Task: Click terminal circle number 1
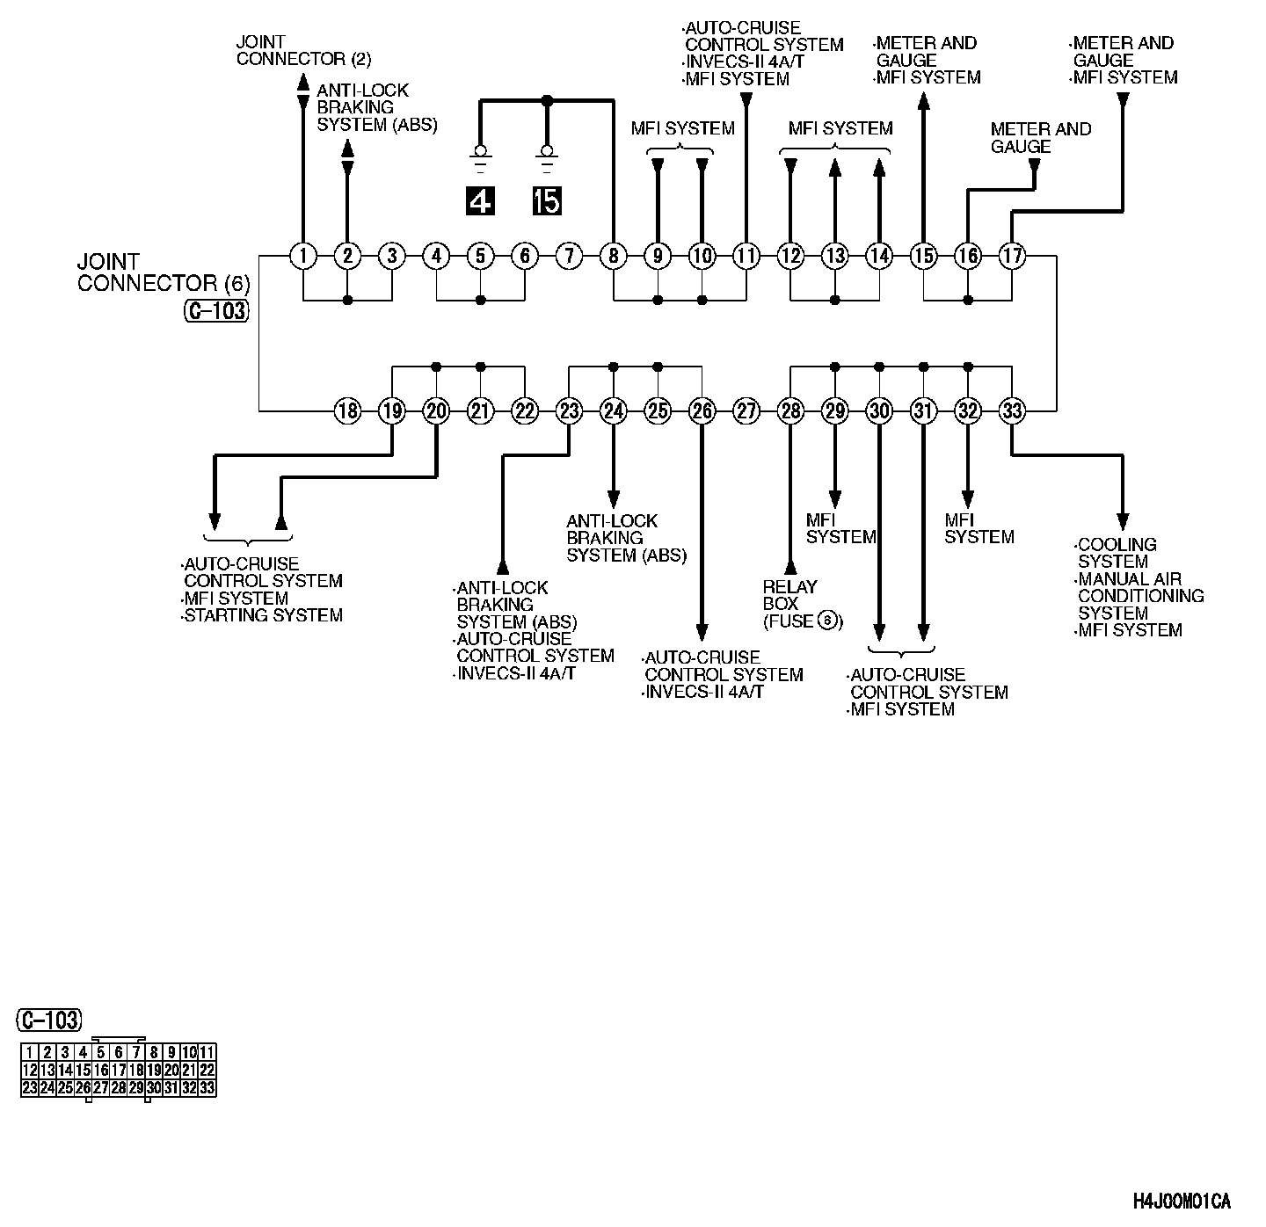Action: (x=303, y=257)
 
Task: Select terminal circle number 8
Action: (x=614, y=257)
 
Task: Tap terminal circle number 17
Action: (x=1012, y=257)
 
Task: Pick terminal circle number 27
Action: (x=746, y=410)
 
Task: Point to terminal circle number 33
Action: (x=1012, y=410)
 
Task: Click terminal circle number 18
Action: (x=348, y=410)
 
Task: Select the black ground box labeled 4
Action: (x=480, y=201)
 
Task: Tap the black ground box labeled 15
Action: (x=547, y=201)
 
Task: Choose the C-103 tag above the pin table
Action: (x=50, y=1020)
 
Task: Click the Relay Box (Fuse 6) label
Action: (x=802, y=604)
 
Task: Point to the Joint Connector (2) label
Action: (x=303, y=51)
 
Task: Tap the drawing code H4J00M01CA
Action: (x=1181, y=1202)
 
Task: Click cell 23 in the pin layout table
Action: (x=30, y=1088)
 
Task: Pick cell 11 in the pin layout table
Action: (x=207, y=1053)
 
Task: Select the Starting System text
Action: (x=263, y=616)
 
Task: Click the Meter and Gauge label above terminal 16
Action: (x=1040, y=138)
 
